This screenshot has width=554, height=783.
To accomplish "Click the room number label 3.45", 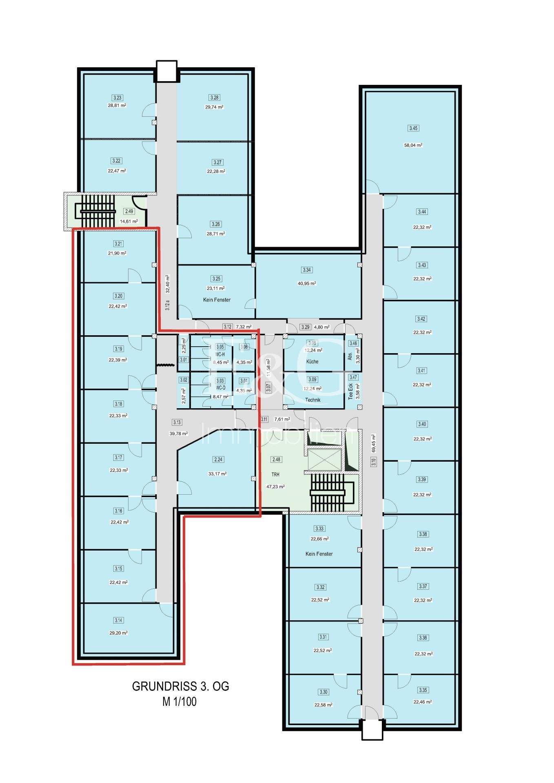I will (413, 128).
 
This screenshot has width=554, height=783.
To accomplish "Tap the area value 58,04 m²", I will (413, 145).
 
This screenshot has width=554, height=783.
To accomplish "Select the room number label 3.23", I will (117, 97).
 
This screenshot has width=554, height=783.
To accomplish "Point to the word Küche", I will (312, 362).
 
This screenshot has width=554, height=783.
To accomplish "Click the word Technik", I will (313, 400).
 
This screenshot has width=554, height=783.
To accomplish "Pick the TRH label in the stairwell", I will (276, 475).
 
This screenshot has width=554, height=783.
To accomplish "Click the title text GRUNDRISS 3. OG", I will (180, 686).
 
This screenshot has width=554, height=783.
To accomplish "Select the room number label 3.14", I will (118, 620).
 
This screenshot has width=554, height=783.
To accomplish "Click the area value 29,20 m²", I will (118, 633).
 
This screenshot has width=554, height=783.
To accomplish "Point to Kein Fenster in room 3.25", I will (217, 300).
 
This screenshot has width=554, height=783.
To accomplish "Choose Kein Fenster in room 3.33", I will (319, 554).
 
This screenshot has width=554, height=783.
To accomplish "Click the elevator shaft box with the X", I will (324, 460).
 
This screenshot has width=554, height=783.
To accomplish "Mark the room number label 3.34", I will (307, 270).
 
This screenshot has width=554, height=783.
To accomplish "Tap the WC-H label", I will (220, 354).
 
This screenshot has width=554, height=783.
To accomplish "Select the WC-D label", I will (220, 388).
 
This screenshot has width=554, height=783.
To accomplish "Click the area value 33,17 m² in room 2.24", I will (217, 474).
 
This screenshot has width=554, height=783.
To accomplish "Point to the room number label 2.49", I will (129, 211).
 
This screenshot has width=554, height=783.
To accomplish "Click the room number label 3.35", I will (423, 690).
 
